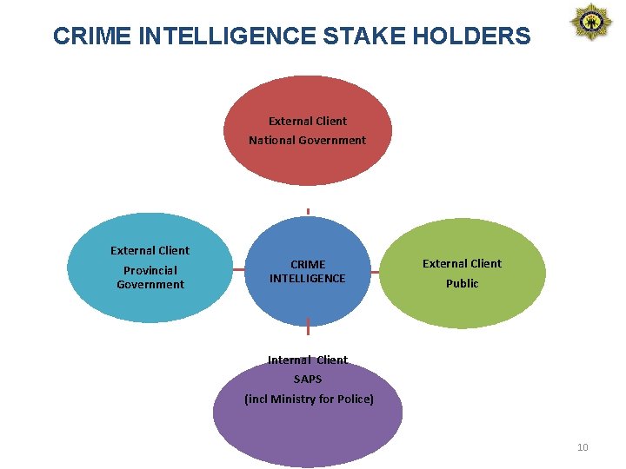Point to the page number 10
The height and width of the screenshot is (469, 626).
click(583, 447)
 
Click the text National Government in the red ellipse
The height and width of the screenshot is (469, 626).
click(307, 140)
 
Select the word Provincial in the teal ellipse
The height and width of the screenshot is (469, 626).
click(150, 270)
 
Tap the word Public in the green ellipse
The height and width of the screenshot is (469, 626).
click(462, 283)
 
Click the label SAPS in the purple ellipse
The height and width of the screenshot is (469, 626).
click(308, 379)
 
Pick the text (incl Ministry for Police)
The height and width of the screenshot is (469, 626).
click(309, 399)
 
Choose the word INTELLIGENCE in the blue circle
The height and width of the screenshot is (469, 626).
click(307, 278)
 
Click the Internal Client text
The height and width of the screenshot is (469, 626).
click(308, 360)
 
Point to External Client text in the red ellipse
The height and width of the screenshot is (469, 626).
click(307, 121)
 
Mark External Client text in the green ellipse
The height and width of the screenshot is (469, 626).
click(462, 263)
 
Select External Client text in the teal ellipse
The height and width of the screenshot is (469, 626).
click(150, 250)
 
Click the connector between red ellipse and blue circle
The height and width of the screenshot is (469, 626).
click(308, 211)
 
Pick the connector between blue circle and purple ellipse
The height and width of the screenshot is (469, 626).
click(308, 328)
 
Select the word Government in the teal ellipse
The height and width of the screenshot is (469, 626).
click(150, 284)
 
